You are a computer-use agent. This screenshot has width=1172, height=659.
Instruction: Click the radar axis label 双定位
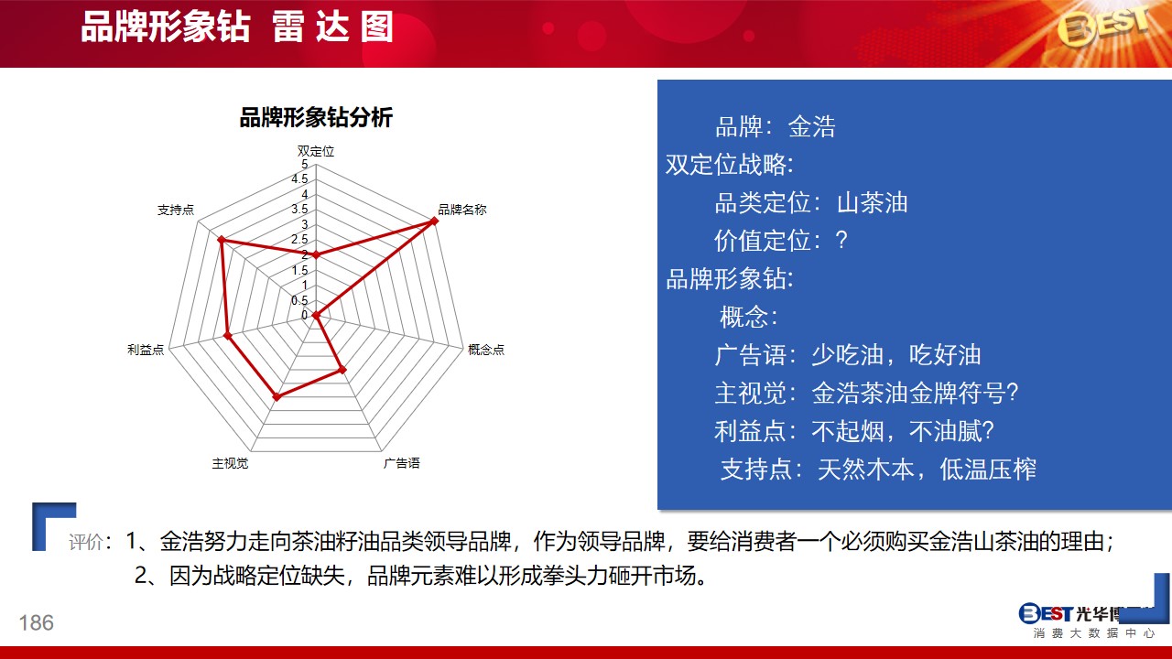(316, 151)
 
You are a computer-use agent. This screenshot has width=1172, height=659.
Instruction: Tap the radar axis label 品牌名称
(462, 210)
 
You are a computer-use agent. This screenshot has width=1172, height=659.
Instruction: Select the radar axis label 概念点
(486, 350)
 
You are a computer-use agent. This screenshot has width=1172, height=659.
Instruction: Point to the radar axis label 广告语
(401, 463)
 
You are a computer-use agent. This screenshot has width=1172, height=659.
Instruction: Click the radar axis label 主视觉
(230, 463)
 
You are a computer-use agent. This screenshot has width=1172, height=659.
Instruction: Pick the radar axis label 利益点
(146, 350)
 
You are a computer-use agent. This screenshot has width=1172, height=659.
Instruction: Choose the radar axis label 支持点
(176, 210)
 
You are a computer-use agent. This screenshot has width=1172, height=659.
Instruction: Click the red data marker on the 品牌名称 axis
(434, 221)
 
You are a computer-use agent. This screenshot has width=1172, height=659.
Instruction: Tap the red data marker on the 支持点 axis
(222, 240)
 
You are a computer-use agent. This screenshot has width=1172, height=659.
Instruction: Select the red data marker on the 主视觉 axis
(277, 397)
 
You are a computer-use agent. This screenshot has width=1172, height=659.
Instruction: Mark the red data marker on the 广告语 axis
(342, 370)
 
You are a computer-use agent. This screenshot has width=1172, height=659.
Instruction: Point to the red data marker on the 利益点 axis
(228, 335)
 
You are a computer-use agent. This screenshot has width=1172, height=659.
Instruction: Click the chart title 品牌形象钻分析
(316, 117)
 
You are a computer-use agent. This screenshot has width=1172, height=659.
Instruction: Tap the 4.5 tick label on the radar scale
(299, 179)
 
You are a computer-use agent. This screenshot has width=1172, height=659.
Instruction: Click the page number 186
(36, 623)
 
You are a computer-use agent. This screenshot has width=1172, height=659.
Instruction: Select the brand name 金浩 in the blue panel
(811, 126)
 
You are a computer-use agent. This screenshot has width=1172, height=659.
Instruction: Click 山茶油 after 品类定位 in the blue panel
(873, 202)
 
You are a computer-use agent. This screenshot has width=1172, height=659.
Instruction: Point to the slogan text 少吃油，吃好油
(896, 354)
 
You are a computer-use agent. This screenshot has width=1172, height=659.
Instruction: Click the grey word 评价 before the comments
(86, 542)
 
